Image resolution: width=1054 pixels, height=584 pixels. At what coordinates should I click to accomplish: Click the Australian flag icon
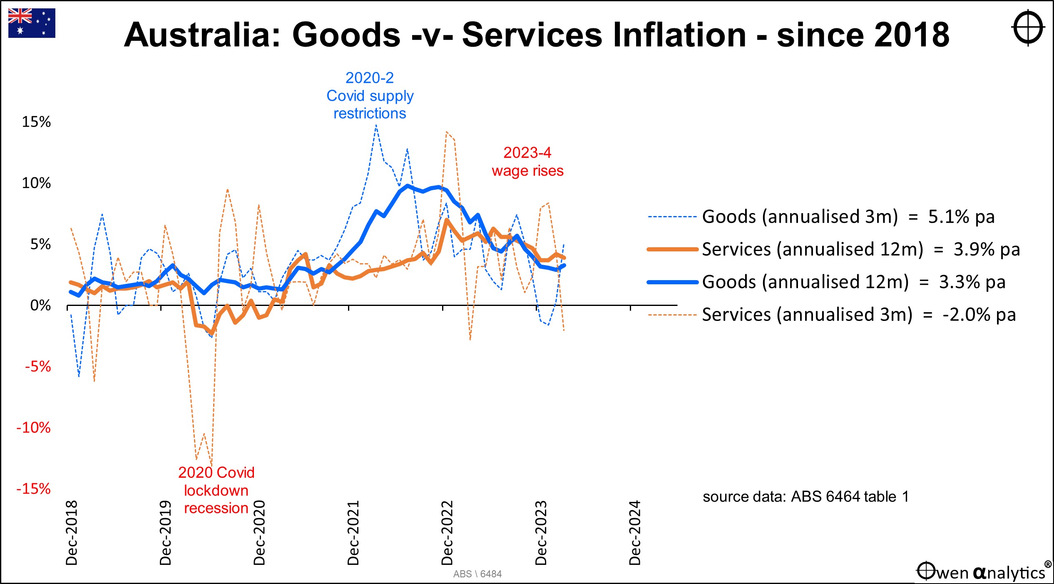[32, 23]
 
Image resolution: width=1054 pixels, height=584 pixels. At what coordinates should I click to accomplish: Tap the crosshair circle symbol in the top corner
[1028, 28]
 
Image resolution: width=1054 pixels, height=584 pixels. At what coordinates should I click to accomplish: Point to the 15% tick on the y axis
[36, 122]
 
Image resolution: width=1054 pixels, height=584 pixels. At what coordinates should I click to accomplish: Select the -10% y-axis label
[33, 427]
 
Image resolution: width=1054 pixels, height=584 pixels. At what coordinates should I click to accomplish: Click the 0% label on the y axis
[40, 306]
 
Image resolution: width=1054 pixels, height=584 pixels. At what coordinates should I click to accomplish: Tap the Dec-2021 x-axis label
[353, 532]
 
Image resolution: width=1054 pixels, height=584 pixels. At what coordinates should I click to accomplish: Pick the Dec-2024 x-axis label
[635, 532]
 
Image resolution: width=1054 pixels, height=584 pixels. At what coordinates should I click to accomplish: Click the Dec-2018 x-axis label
[72, 532]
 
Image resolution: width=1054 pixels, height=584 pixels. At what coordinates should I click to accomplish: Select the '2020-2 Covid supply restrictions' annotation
[370, 96]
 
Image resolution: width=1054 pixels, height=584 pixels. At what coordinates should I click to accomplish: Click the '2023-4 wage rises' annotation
[527, 162]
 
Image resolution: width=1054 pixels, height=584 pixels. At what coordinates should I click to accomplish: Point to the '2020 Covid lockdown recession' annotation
[216, 490]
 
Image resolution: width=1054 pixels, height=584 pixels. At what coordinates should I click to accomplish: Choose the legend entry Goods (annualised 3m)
[799, 217]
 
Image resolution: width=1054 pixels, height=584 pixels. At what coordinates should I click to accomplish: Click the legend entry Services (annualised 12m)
[812, 249]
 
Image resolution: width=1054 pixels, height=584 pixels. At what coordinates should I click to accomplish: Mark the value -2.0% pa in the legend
[979, 315]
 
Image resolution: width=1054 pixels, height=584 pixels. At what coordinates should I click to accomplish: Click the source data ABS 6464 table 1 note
[805, 497]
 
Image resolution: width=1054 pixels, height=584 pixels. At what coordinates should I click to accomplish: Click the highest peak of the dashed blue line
[376, 125]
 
